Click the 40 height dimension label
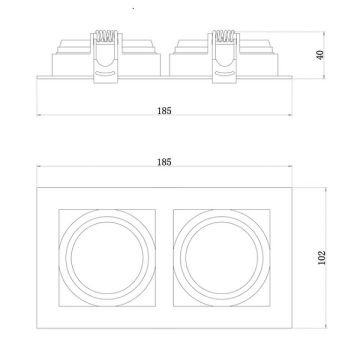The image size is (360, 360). [x=320, y=55]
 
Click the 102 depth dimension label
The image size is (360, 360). [x=321, y=257]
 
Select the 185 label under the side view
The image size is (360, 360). [x=164, y=111]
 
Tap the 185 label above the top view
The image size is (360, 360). [x=164, y=162]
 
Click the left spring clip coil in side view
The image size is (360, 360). [x=106, y=36]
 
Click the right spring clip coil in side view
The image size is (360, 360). [x=224, y=36]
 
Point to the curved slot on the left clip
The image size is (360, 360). [x=105, y=73]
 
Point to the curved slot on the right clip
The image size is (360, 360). [x=224, y=73]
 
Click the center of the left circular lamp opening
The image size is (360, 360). [x=107, y=258]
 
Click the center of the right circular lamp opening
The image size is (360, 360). [x=222, y=258]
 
